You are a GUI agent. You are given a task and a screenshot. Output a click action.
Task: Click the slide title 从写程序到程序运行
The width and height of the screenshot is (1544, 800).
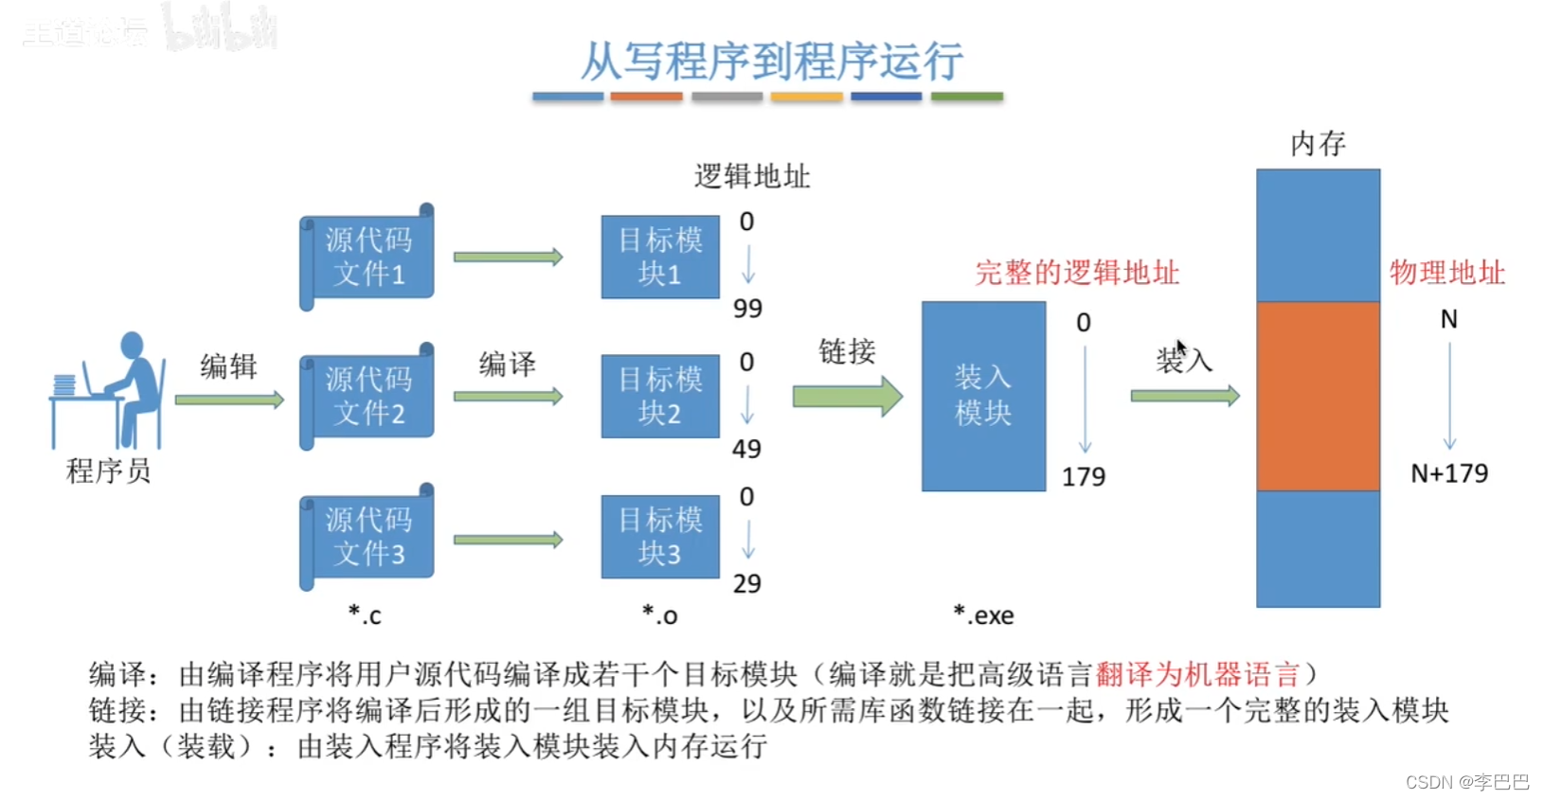coord(771,62)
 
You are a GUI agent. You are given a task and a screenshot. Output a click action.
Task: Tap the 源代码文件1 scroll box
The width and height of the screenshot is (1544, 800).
coord(368,257)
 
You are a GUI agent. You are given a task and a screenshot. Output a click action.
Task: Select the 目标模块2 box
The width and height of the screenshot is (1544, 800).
coord(660,396)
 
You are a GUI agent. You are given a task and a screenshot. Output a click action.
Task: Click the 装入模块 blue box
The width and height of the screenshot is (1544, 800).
coord(983,396)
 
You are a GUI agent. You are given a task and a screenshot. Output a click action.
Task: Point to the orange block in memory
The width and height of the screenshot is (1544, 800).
coord(1318,396)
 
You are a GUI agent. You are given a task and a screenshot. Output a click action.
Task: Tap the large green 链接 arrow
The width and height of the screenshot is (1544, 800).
coord(847,396)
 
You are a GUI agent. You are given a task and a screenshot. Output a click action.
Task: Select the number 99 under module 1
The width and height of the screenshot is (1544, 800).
coord(747,309)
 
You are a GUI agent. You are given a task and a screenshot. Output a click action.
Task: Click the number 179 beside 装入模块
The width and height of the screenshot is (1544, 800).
coord(1083,476)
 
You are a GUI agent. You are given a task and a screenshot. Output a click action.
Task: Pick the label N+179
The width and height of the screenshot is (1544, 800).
coord(1448,473)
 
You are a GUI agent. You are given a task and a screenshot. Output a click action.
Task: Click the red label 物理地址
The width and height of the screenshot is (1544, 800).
coord(1446,273)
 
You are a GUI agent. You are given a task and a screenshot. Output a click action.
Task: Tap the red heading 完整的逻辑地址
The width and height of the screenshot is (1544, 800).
coord(1077,273)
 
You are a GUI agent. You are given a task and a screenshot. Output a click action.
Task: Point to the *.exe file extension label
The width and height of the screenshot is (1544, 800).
coord(983,615)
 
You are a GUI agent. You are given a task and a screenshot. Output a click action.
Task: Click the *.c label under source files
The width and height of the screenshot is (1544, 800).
coord(365,615)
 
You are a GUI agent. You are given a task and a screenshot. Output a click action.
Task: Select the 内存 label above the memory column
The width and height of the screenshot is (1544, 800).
coord(1318,144)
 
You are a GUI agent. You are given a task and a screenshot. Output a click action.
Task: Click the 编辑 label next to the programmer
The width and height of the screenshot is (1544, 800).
coord(228,365)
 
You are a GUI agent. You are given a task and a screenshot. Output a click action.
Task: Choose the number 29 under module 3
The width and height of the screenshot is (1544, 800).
coord(746,583)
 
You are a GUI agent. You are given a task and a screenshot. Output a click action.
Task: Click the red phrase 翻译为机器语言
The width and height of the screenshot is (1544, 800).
coord(1197,674)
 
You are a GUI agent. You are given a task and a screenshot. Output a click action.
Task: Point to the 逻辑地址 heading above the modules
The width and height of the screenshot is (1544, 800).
coord(752,176)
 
